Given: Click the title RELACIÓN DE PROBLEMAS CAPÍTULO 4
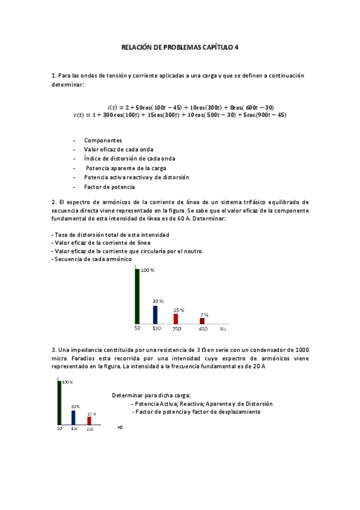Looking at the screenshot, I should pos(180,46).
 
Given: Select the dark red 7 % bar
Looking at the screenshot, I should pos(202,321).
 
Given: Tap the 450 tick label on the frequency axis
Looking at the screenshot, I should pos(203,329).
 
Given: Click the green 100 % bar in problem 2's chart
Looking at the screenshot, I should pos(138,296).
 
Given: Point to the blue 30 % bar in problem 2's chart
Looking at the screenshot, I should pos(155,315).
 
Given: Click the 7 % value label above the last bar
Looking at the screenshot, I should pos(204,315).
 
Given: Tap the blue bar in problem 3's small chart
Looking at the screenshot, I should pos(73,417).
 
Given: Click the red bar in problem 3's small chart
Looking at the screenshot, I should pos(90,421).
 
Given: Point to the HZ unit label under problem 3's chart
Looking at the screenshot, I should pos(120,428).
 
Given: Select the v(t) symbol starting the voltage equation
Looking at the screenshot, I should pos(78,115).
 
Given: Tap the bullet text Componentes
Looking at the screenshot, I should pos(103,140).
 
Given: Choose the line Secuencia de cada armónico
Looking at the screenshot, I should pos(93,259).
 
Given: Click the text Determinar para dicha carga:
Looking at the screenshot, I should pos(151,395).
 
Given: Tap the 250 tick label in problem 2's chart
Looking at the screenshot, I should pos(177,329).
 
